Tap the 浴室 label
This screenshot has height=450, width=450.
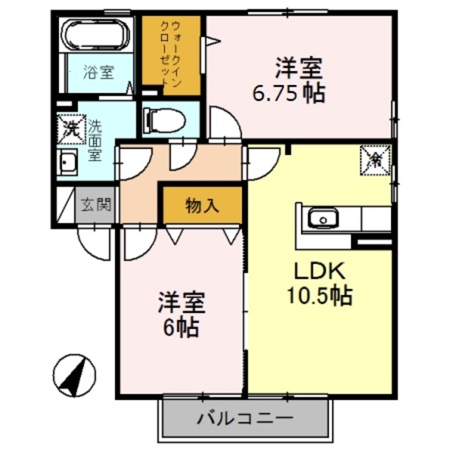[98, 72]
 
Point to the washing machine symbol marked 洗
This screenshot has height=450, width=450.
[71, 129]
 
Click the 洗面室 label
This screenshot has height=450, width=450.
[94, 141]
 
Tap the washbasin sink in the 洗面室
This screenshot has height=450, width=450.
[68, 164]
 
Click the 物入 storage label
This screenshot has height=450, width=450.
[202, 205]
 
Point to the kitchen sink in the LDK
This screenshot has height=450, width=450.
[323, 219]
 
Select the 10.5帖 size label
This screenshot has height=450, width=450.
[320, 296]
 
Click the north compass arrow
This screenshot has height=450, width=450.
[76, 375]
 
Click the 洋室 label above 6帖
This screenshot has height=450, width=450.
[181, 303]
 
